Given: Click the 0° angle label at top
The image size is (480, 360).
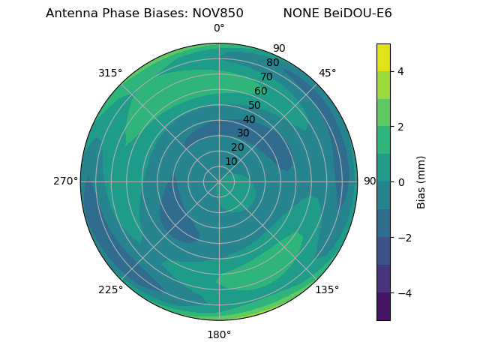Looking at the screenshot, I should (x=219, y=28).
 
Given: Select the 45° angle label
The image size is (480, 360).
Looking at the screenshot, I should (x=327, y=73).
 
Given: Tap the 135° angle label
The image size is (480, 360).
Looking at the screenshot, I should (x=327, y=289).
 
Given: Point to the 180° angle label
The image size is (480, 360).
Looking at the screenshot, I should (x=219, y=334).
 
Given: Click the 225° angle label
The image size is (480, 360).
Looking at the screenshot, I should (x=110, y=289).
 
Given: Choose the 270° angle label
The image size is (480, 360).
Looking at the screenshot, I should (x=65, y=181).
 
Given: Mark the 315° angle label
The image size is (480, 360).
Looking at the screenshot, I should (x=110, y=73).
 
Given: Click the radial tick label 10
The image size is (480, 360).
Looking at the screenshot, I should (x=231, y=161).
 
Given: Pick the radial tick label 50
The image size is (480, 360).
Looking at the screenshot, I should (x=254, y=105).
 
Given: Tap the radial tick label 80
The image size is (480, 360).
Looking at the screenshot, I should (x=272, y=62).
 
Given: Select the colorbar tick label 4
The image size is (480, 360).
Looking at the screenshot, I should (x=401, y=71).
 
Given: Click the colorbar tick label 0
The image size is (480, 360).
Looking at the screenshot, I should (x=401, y=182).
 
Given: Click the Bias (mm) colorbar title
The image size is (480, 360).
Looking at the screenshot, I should (x=421, y=182).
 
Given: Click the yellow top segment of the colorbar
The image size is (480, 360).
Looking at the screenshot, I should (x=383, y=58).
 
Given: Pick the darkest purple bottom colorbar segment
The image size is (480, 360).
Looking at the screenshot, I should (x=383, y=307).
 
